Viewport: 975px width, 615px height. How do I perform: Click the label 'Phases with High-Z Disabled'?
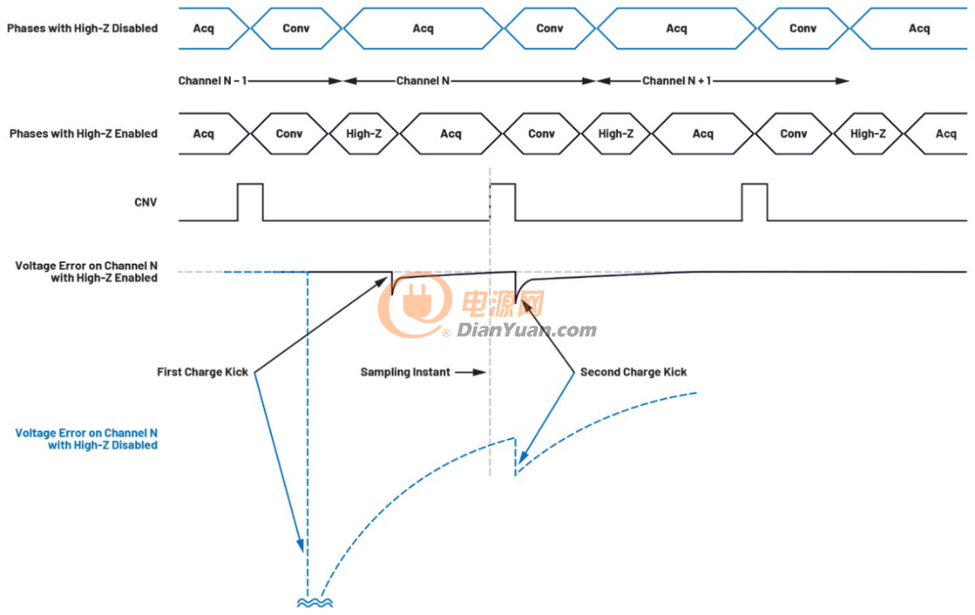coord(82,28)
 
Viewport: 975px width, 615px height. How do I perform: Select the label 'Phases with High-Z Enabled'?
coord(83,133)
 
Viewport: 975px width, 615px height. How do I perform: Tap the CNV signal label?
coord(146,202)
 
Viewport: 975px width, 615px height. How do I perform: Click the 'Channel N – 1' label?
coord(213,81)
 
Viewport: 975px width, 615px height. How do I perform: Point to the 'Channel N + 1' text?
coord(676,81)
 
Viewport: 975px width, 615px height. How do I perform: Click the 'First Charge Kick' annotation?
coord(202,372)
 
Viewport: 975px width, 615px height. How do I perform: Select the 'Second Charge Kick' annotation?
coord(633,372)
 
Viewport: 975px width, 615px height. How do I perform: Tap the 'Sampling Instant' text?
coord(405,372)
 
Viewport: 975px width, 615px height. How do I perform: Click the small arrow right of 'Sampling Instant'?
coord(470,372)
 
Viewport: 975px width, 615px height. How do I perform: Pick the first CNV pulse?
coord(251,202)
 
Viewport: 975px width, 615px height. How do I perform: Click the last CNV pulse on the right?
coord(755,202)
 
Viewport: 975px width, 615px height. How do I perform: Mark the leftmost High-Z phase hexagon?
coord(363,133)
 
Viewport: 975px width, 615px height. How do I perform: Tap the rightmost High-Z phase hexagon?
coord(868,133)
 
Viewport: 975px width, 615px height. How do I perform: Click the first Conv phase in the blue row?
coord(296,28)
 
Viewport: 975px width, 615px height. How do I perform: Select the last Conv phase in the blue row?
coord(802,28)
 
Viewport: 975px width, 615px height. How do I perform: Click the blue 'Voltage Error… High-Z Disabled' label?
coord(87,439)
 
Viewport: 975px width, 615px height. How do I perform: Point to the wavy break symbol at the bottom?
coord(315,603)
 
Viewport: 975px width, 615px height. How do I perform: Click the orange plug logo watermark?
coord(415,304)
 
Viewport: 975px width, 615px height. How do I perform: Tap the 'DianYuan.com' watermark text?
coord(527,330)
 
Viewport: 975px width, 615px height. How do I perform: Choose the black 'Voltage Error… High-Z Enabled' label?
coord(87,271)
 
